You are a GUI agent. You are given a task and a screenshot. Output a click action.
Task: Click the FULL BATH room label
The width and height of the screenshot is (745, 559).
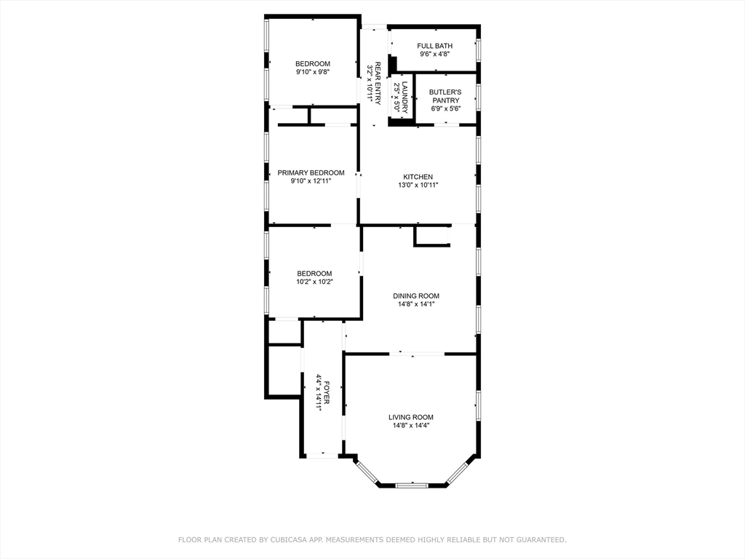(x=435, y=46)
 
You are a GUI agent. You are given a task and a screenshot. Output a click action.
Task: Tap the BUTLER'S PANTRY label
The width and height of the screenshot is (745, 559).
(x=445, y=96)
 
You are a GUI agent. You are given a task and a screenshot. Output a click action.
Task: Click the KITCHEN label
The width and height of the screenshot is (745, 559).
(x=418, y=177)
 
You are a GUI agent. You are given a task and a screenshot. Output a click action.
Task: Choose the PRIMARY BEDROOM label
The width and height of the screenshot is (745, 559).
(x=311, y=173)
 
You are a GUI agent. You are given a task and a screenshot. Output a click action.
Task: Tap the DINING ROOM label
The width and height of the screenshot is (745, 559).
(x=416, y=296)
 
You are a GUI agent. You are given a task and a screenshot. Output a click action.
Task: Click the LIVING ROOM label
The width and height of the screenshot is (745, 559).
(x=411, y=417)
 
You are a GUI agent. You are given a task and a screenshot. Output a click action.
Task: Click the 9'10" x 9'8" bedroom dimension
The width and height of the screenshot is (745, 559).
(x=313, y=72)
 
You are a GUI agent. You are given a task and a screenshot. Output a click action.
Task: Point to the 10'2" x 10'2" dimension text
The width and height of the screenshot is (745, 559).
(x=314, y=282)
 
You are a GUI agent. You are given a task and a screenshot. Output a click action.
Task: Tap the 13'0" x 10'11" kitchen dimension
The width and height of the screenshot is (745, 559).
(x=418, y=185)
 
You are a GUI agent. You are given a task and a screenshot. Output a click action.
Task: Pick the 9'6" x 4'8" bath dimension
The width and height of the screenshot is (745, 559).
(x=435, y=54)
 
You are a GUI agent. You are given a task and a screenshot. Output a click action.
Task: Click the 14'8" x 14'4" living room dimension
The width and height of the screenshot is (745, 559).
(x=411, y=425)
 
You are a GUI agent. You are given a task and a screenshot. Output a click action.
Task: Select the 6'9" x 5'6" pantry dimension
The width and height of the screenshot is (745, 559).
(x=446, y=108)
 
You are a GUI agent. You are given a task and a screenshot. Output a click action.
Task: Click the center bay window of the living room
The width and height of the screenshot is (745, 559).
(x=412, y=485)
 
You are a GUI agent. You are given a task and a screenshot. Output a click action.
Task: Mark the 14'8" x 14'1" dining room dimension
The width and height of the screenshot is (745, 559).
(x=416, y=304)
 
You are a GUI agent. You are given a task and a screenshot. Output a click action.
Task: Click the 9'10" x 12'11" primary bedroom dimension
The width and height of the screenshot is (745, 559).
(x=311, y=181)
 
